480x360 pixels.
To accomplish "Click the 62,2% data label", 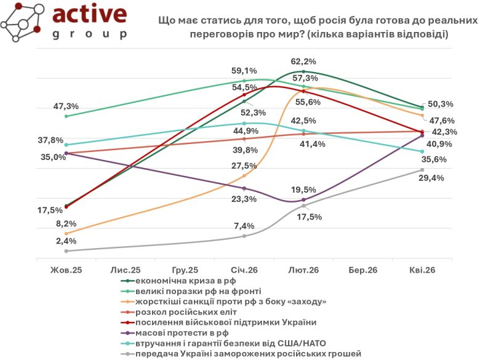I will [x=304, y=62].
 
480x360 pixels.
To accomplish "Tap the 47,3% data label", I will [x=66, y=106].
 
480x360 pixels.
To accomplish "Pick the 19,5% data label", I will [x=304, y=190].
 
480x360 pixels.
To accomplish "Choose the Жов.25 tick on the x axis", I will [x=66, y=270].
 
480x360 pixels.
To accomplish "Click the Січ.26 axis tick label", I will [x=244, y=270].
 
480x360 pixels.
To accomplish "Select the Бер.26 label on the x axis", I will [x=363, y=270].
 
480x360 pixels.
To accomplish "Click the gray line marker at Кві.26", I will [x=422, y=170].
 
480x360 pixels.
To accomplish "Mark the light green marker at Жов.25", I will [x=66, y=116].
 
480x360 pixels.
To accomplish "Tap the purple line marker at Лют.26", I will [x=303, y=200].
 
